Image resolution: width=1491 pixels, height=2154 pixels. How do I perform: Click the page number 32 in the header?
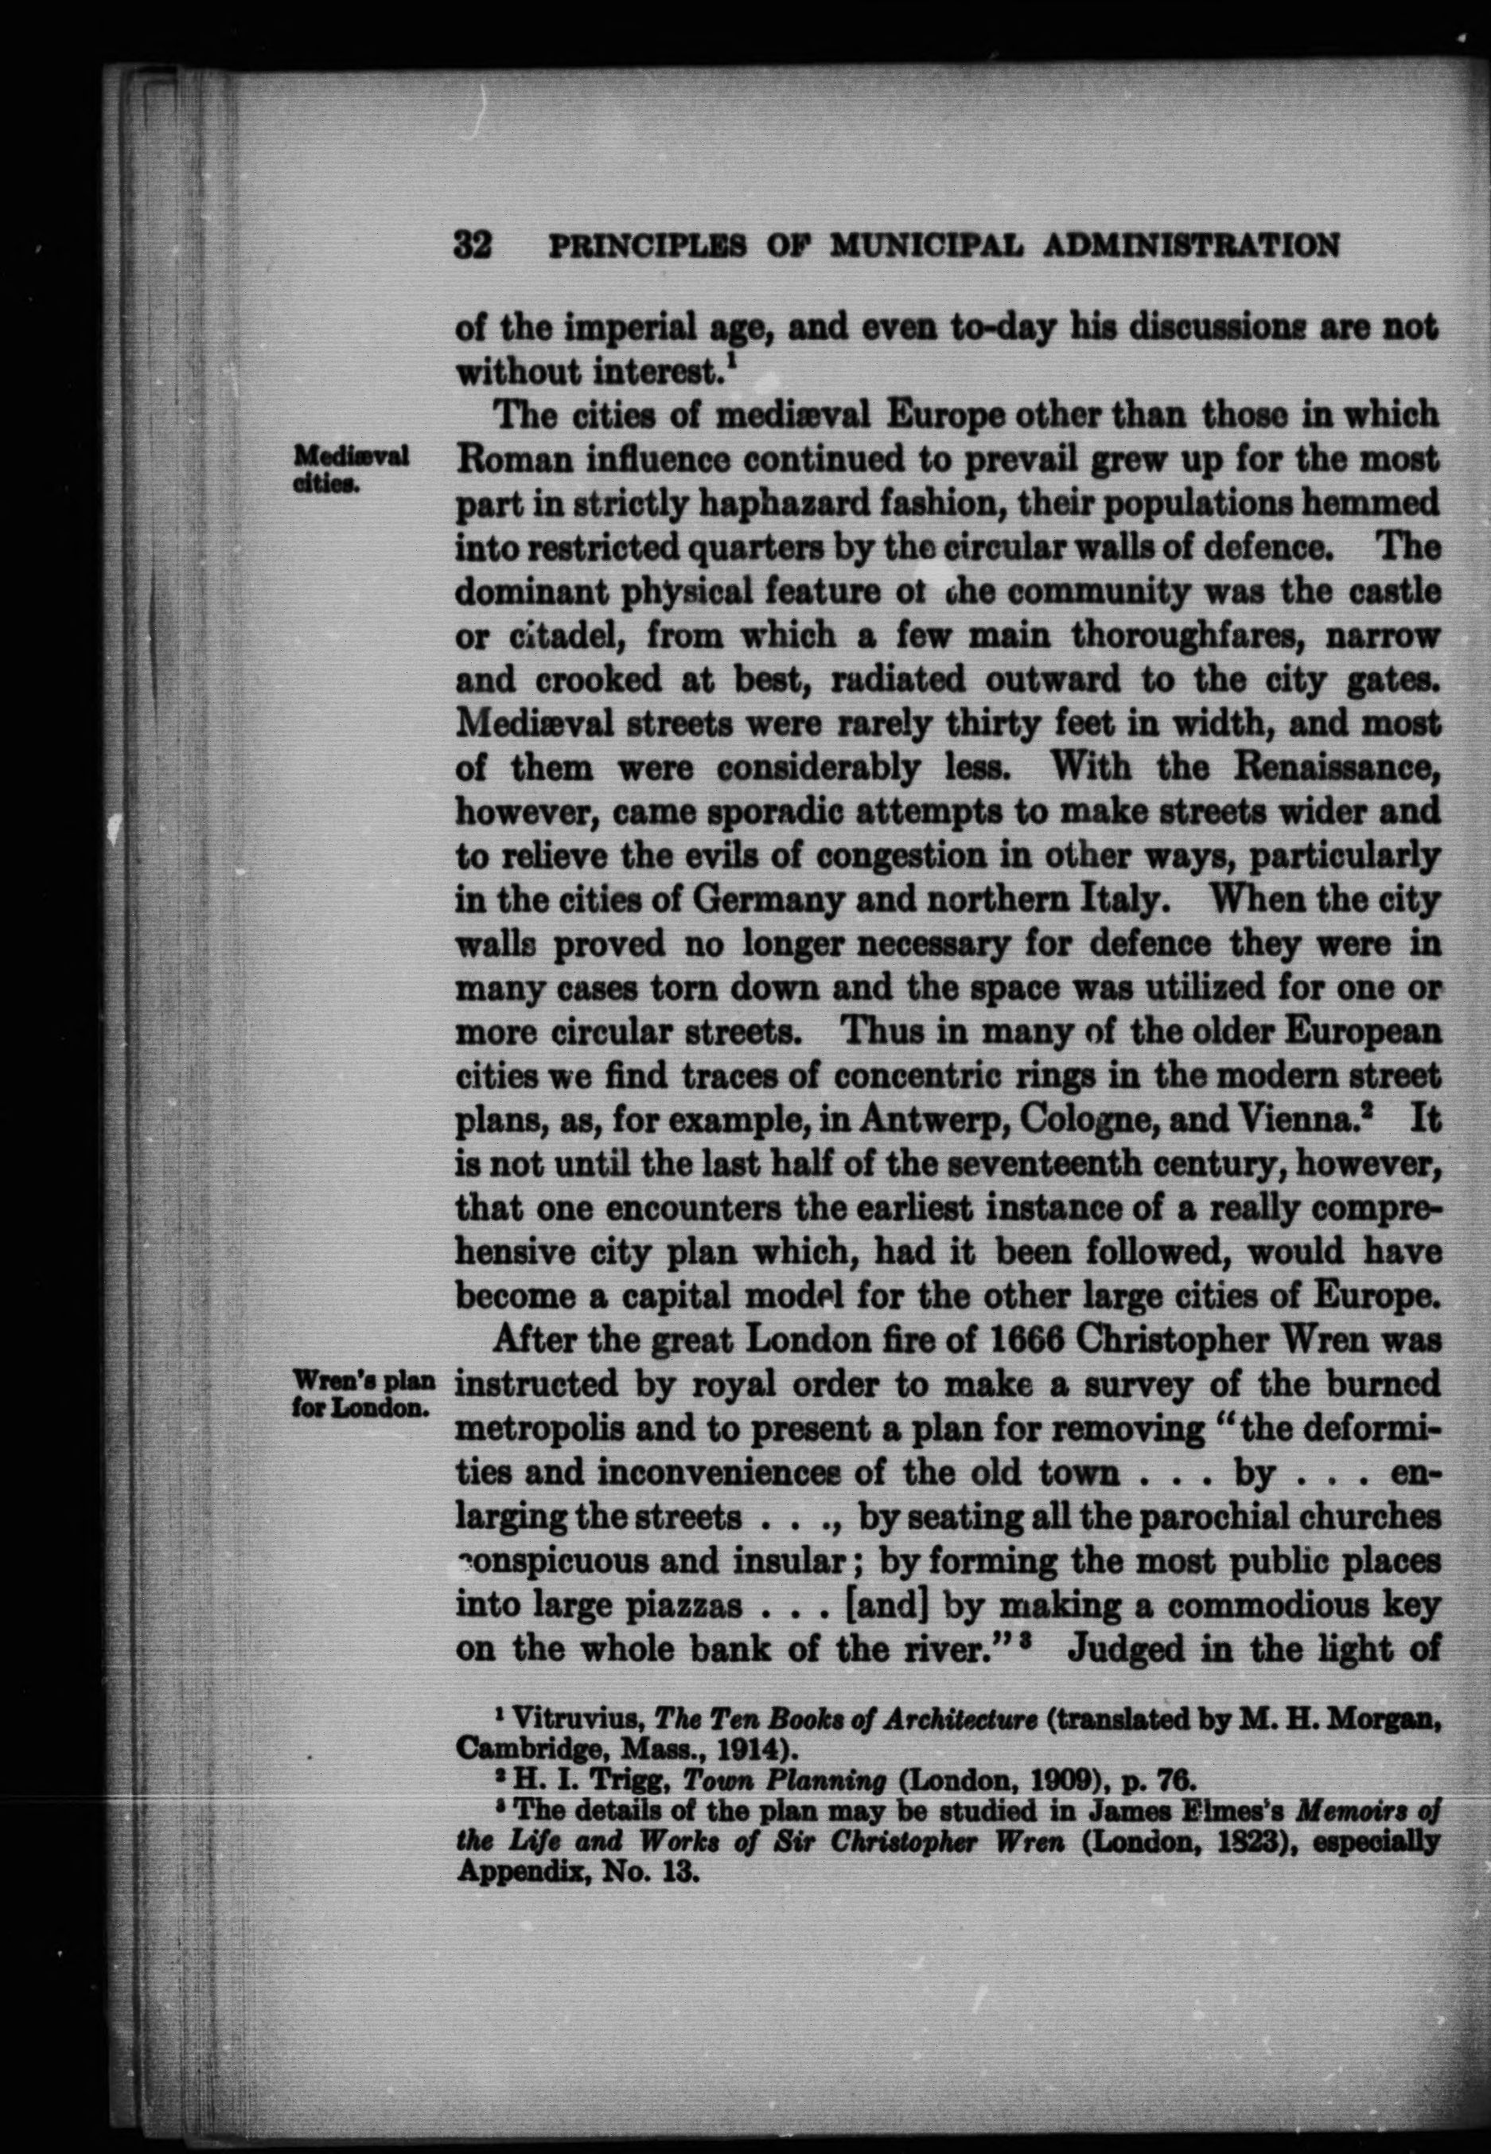[x=473, y=246]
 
